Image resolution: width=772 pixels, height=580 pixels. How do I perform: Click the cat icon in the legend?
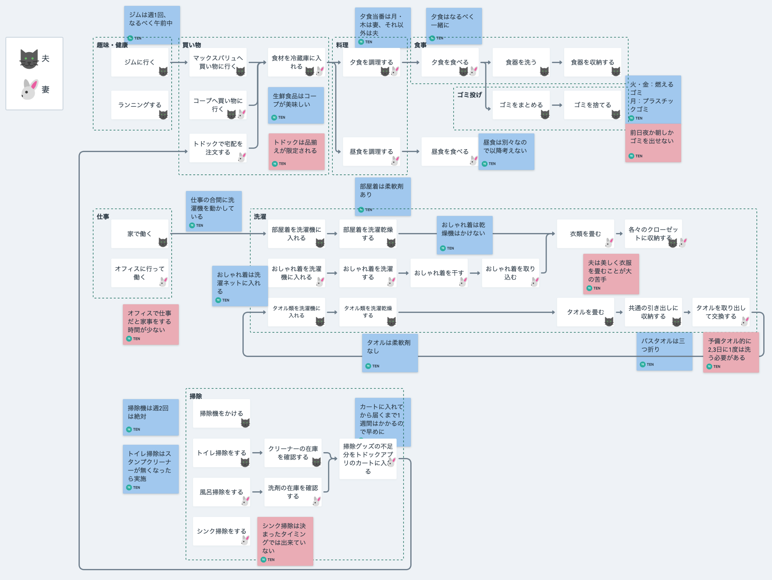click(29, 59)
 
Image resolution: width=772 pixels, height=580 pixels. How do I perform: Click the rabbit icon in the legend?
click(29, 89)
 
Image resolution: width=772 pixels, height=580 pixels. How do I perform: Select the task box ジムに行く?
click(139, 62)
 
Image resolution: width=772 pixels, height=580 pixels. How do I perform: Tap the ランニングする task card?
click(139, 105)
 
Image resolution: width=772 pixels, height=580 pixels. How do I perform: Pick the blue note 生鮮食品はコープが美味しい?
click(295, 105)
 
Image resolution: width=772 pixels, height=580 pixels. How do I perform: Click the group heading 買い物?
click(192, 45)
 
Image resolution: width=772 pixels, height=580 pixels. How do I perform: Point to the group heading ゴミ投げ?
click(469, 95)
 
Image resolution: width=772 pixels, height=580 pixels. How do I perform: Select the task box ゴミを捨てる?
click(592, 105)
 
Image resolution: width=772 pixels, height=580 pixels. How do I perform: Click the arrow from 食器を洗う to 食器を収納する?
click(557, 62)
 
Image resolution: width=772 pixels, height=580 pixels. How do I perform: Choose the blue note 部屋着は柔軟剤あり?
click(382, 196)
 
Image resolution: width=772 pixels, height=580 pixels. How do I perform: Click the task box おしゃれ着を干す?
click(439, 273)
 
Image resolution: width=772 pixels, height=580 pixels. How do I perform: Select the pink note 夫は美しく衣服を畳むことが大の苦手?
click(611, 273)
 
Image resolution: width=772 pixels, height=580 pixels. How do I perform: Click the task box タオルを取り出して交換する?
click(720, 312)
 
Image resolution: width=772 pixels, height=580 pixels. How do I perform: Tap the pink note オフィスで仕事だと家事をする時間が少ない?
click(150, 324)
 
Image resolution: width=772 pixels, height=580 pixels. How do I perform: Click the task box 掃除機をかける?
click(221, 413)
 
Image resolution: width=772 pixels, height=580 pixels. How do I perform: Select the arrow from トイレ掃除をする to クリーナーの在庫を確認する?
click(257, 453)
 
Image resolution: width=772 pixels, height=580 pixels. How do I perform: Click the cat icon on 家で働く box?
click(163, 242)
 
